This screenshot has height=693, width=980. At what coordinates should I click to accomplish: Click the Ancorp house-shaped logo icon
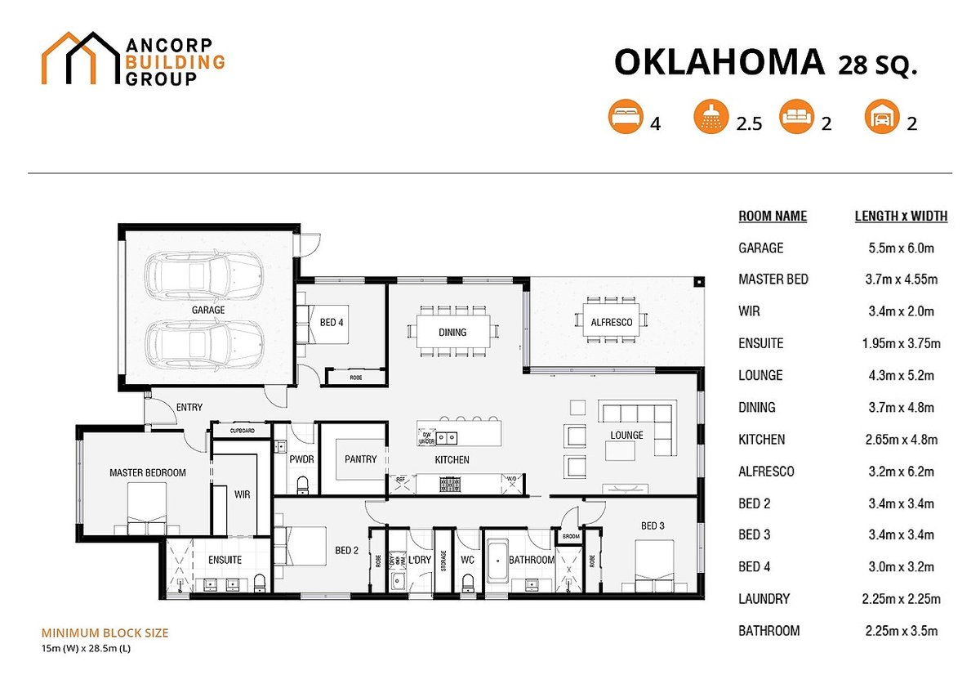coord(80,58)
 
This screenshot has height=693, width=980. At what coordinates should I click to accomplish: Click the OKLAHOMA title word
coord(719,62)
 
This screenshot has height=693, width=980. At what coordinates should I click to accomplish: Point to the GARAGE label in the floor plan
coord(208,311)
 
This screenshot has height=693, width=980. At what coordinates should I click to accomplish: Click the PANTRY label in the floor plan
coord(360,459)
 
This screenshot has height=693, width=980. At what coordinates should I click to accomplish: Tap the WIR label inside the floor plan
coord(242,494)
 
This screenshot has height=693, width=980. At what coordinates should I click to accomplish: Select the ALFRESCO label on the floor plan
coord(612,323)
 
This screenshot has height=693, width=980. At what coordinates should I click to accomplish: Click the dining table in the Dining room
coord(452,332)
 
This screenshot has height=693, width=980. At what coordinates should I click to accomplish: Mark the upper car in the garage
coord(204,275)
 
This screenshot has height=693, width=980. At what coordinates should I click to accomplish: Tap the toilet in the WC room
coord(468,583)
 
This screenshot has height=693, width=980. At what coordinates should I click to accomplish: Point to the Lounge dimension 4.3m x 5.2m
coord(900,376)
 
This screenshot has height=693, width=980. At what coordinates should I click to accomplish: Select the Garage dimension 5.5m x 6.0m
coord(900,248)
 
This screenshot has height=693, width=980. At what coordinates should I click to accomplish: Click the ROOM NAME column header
coord(773,217)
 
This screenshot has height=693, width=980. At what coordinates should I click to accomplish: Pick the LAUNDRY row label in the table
coord(764,599)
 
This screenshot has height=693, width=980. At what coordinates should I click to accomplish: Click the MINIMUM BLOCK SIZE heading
coord(105,633)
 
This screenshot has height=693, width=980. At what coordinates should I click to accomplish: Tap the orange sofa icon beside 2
coord(795,117)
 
